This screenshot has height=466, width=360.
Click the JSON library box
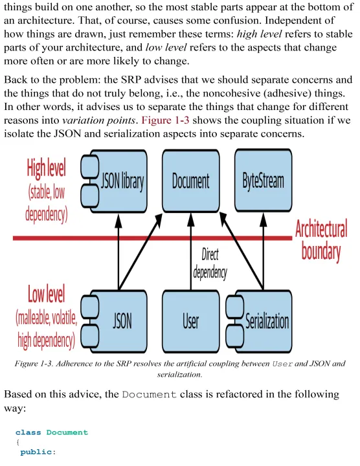click(114, 181)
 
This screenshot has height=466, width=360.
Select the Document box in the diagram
click(191, 181)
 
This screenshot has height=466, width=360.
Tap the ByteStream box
click(264, 181)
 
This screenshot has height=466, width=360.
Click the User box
click(191, 321)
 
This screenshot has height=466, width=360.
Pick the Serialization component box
click(259, 321)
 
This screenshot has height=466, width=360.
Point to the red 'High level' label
click(47, 168)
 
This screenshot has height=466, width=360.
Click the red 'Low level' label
click(47, 294)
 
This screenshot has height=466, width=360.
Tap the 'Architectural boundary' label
click(321, 239)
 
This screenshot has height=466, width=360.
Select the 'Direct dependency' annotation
click(210, 263)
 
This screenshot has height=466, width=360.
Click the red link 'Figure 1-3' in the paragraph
click(165, 120)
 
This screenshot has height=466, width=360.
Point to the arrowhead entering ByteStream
click(264, 220)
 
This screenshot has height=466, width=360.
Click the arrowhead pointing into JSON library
click(118, 221)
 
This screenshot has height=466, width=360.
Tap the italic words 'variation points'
click(99, 120)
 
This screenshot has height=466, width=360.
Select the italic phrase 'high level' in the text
click(259, 34)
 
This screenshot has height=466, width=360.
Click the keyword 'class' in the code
click(28, 432)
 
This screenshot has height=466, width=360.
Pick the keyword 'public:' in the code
click(38, 452)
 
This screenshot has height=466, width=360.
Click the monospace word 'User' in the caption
click(282, 364)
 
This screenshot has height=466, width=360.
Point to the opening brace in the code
click(18, 442)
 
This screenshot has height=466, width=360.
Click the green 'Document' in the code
click(67, 432)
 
